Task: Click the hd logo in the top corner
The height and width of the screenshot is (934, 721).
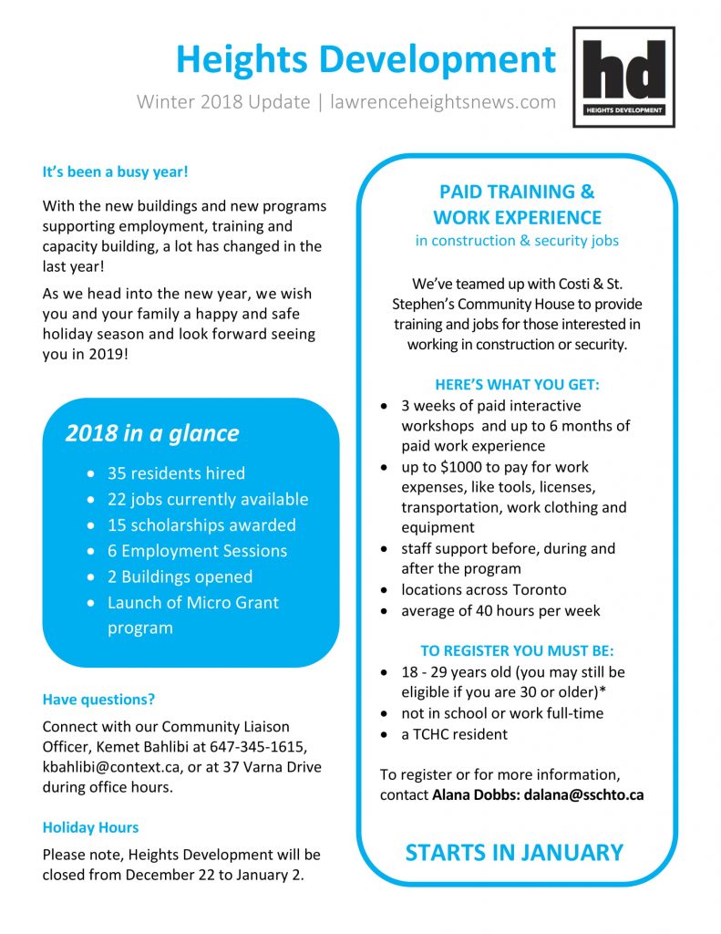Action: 623,77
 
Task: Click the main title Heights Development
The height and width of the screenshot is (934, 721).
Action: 366,59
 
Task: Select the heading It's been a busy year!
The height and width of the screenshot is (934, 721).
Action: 115,171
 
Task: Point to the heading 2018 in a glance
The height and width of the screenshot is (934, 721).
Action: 151,433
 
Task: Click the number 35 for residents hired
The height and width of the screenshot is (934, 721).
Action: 117,473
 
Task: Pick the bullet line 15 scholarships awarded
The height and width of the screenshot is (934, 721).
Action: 201,525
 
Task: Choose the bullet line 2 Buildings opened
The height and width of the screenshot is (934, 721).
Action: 180,576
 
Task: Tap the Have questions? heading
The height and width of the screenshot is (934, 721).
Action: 98,700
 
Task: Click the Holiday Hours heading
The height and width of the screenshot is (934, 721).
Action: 90,827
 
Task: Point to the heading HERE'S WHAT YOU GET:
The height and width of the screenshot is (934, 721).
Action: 517,385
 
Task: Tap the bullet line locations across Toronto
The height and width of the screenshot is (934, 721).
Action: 483,589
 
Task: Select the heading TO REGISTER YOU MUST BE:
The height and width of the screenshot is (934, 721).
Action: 517,651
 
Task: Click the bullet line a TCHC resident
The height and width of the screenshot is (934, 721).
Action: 454,733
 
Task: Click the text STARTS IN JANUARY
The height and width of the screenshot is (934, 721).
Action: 514,853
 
